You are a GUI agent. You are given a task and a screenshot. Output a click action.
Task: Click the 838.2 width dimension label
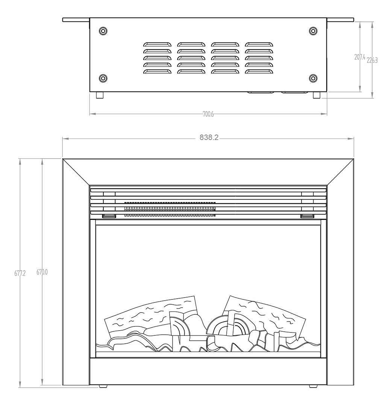point(209,138)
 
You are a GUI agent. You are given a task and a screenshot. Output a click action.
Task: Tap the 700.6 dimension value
point(208,114)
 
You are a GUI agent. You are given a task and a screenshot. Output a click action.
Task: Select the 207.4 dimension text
point(360,57)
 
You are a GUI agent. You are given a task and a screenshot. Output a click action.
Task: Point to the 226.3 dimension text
point(372,60)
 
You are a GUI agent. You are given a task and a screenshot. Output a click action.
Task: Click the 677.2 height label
point(20,273)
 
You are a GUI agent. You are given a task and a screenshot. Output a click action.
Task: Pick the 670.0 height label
point(42,272)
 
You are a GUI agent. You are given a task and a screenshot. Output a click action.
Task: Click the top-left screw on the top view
point(103,31)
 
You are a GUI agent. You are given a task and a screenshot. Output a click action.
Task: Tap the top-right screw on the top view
point(314,31)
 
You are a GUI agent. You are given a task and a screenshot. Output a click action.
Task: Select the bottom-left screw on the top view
point(103,78)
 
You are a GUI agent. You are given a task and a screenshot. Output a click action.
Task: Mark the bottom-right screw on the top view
point(314,78)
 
